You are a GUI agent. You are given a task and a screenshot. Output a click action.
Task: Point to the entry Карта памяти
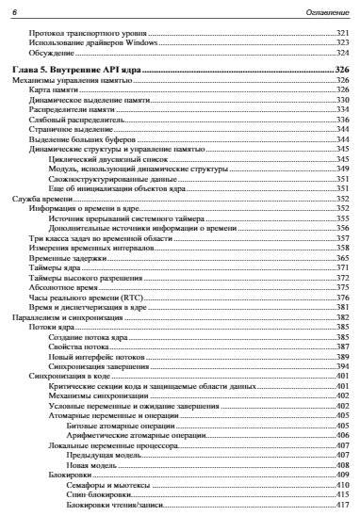click(x=53, y=89)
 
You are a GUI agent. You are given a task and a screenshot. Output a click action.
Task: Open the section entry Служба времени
click(x=37, y=200)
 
